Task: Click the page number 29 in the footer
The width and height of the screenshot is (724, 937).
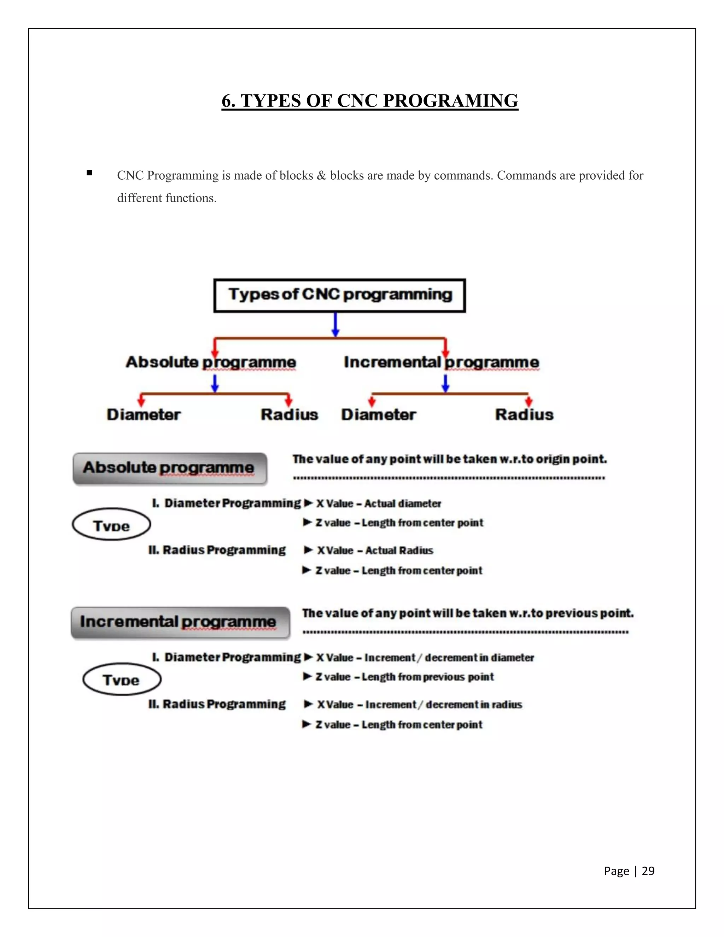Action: coord(648,871)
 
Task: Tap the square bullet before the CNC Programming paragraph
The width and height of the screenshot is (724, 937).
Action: coord(89,173)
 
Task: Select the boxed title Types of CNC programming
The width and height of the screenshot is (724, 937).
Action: coord(340,295)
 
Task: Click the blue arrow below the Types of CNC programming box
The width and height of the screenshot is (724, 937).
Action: coord(335,325)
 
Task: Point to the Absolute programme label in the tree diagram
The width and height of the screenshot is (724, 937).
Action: coord(211,362)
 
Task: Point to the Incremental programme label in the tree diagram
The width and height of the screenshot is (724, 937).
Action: coord(441,362)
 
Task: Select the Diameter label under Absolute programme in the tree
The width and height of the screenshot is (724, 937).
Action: coord(144,414)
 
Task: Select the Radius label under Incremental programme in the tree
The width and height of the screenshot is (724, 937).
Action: coord(524,414)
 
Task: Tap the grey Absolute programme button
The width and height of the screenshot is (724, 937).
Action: coord(170,468)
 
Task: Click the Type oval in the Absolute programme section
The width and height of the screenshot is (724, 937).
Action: coord(111,525)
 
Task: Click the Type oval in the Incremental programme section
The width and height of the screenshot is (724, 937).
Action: coord(122,679)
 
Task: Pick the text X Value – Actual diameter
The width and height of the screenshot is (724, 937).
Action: coord(378,503)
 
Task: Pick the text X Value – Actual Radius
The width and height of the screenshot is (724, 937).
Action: coord(375,551)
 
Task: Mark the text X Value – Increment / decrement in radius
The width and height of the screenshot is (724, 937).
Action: coord(419,704)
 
